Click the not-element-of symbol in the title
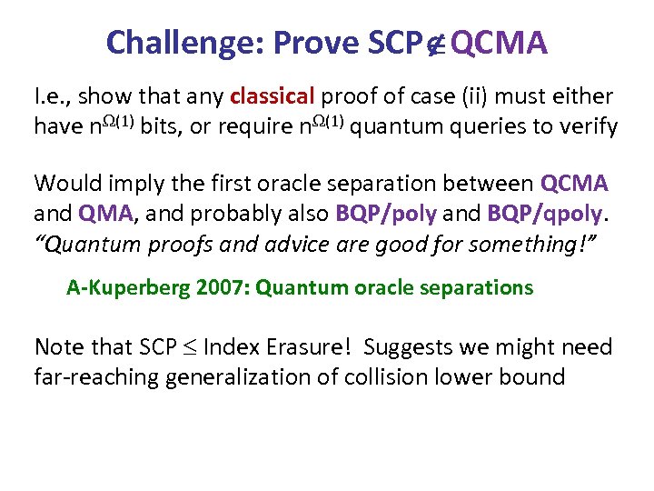[x=436, y=43]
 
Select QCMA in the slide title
[x=500, y=42]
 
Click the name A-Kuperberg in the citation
[x=120, y=288]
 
